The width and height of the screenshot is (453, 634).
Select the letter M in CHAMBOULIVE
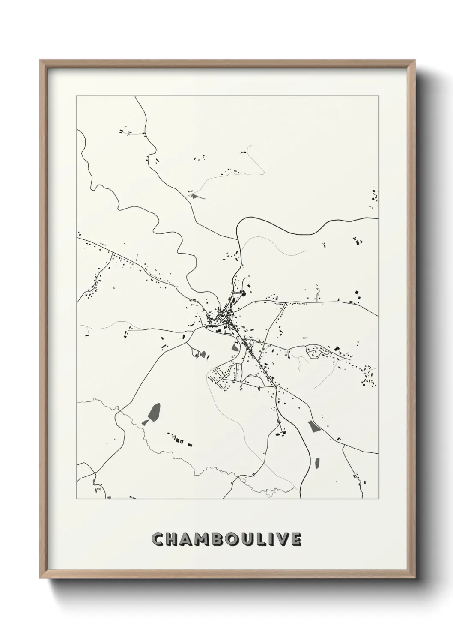click(x=203, y=540)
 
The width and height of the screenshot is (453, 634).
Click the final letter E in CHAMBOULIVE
click(x=298, y=540)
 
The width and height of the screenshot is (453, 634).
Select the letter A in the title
click(x=187, y=540)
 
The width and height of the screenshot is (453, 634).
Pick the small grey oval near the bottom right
click(x=317, y=463)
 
